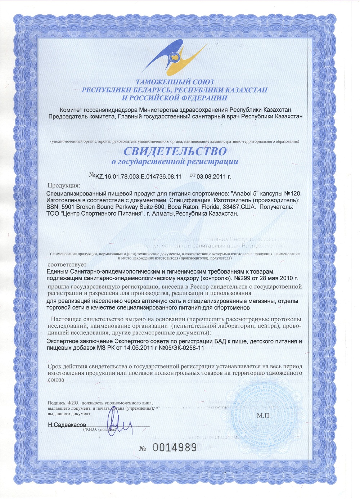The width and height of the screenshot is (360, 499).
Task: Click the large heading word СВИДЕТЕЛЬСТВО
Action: coord(175,151)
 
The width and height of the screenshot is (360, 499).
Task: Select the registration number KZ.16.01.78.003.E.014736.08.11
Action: coord(139,176)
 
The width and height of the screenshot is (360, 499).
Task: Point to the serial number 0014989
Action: coord(175,448)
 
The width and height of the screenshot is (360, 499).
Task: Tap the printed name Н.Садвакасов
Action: coord(67,425)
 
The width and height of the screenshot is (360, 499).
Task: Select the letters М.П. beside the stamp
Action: coord(264,415)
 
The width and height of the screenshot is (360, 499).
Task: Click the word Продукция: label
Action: coord(64,186)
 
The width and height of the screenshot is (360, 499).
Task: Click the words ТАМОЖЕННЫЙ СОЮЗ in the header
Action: coord(175,82)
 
